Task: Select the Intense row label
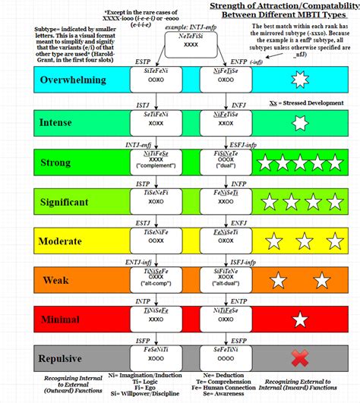pyautogui.click(x=36, y=121)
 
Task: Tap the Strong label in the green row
pyautogui.click(x=35, y=162)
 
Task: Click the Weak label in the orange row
pyautogui.click(x=32, y=281)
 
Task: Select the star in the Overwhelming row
pyautogui.click(x=301, y=80)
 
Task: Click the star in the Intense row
pyautogui.click(x=301, y=121)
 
